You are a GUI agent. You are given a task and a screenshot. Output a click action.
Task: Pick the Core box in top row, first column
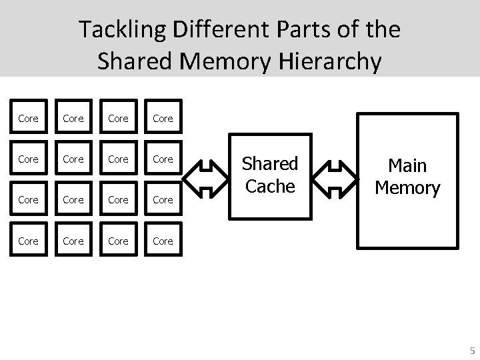pos(28,118)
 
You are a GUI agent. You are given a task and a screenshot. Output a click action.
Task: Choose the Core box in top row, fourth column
pos(163,118)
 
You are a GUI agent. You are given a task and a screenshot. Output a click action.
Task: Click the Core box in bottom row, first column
pos(28,241)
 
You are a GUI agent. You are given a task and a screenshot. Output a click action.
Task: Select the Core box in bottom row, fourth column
pos(163,241)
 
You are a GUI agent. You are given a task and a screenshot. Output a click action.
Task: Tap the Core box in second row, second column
pos(73,159)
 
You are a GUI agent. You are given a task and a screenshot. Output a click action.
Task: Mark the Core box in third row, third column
pos(118,200)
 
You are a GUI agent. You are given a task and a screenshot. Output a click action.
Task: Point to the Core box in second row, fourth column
pos(163,159)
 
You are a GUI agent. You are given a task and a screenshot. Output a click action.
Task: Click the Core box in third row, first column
pos(28,200)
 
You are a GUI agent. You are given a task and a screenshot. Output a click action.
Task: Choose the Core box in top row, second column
pos(73,118)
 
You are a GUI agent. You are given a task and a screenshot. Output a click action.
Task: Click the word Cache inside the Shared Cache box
pos(270,187)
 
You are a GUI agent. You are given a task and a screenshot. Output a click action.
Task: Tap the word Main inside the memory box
pos(407,165)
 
